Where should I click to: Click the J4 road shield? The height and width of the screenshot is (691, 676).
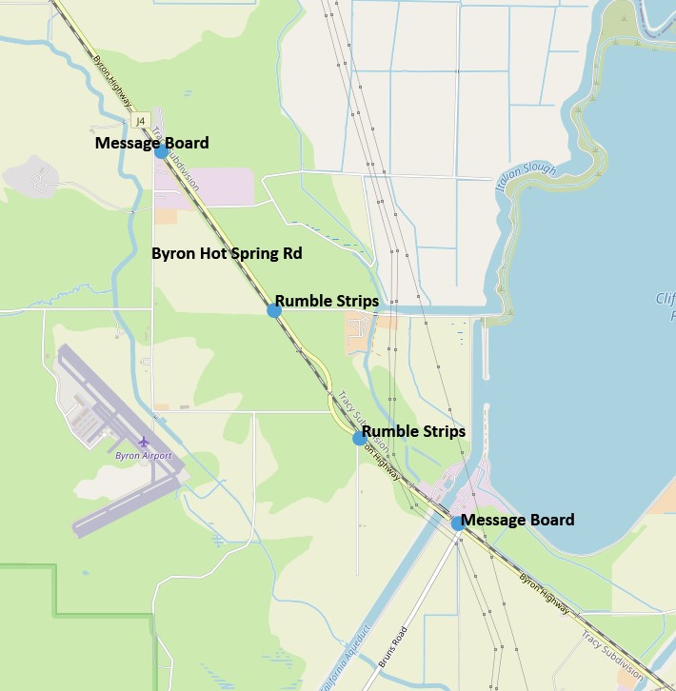[141, 121]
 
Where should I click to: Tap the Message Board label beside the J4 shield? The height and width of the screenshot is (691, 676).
[151, 143]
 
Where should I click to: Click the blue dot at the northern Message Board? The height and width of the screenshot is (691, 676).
[161, 151]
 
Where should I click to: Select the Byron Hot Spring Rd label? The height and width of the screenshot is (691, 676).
[227, 254]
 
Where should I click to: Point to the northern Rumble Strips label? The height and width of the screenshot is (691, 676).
[327, 301]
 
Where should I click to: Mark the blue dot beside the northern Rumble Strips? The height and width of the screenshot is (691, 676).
[274, 310]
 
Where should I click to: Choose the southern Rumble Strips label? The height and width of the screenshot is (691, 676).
[413, 431]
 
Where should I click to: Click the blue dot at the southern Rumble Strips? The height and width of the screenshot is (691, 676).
[359, 438]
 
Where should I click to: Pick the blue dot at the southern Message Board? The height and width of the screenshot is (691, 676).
[457, 523]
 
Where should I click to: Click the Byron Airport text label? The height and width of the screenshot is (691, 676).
[144, 456]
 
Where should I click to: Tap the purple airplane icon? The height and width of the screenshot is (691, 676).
[144, 442]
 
